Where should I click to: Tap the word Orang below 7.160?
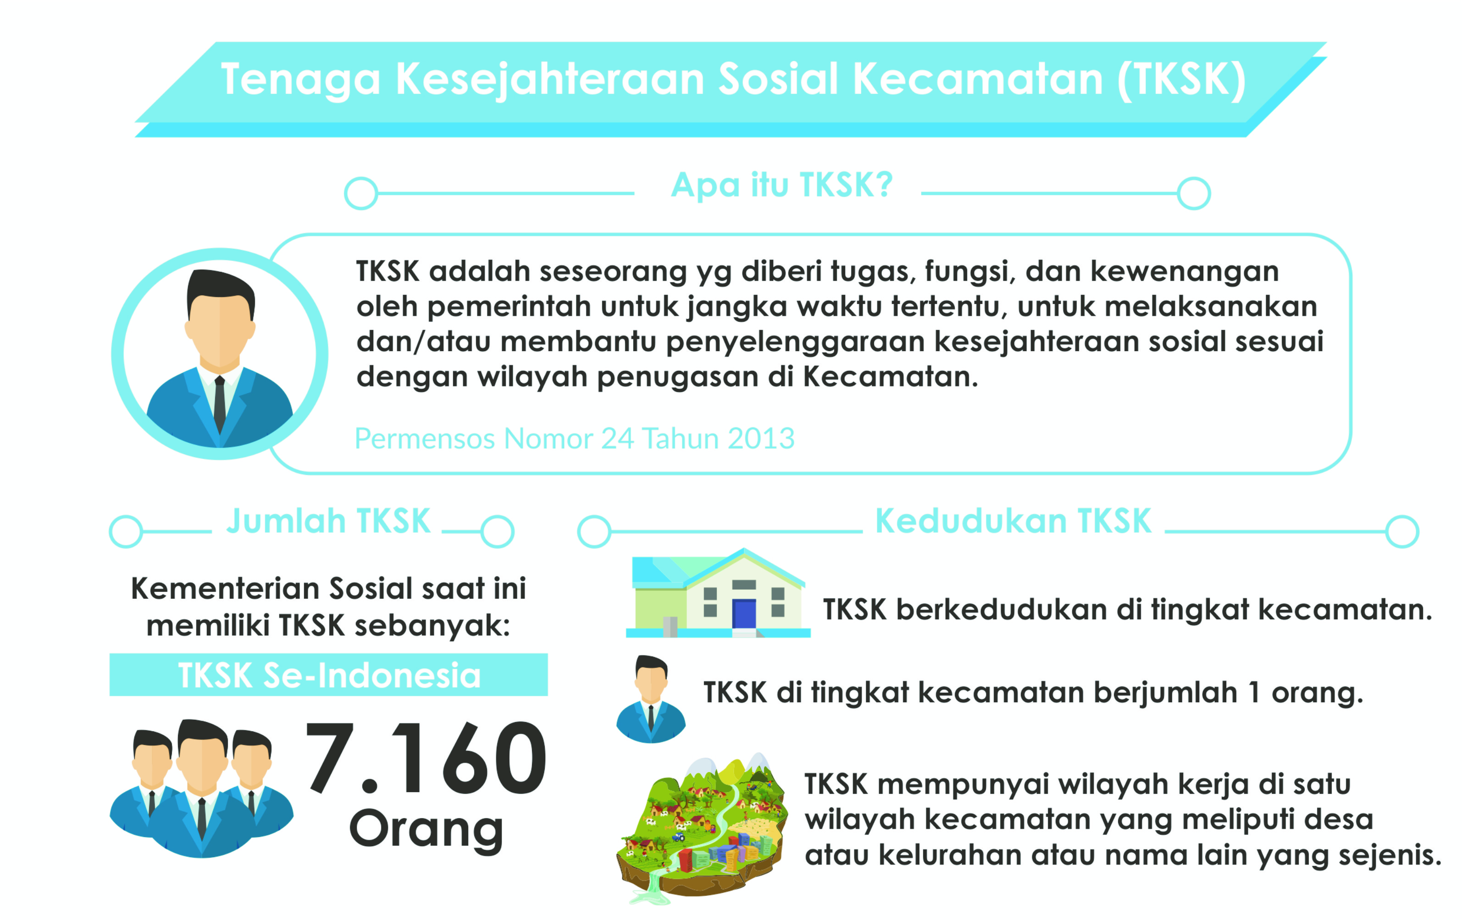click(426, 830)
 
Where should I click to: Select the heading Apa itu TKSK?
click(781, 185)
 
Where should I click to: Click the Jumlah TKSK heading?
click(328, 521)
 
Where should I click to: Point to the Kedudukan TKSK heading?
click(1013, 521)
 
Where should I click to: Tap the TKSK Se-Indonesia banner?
click(328, 675)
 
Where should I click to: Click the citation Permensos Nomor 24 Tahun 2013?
click(574, 438)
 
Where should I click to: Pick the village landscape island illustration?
click(703, 828)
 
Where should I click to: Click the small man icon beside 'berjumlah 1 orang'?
click(651, 699)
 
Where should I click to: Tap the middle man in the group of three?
click(202, 789)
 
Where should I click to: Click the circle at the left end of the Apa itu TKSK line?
click(361, 193)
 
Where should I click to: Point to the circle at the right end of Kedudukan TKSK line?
click(1402, 532)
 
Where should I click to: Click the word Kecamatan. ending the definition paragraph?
click(891, 377)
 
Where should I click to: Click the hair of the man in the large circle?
click(221, 290)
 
